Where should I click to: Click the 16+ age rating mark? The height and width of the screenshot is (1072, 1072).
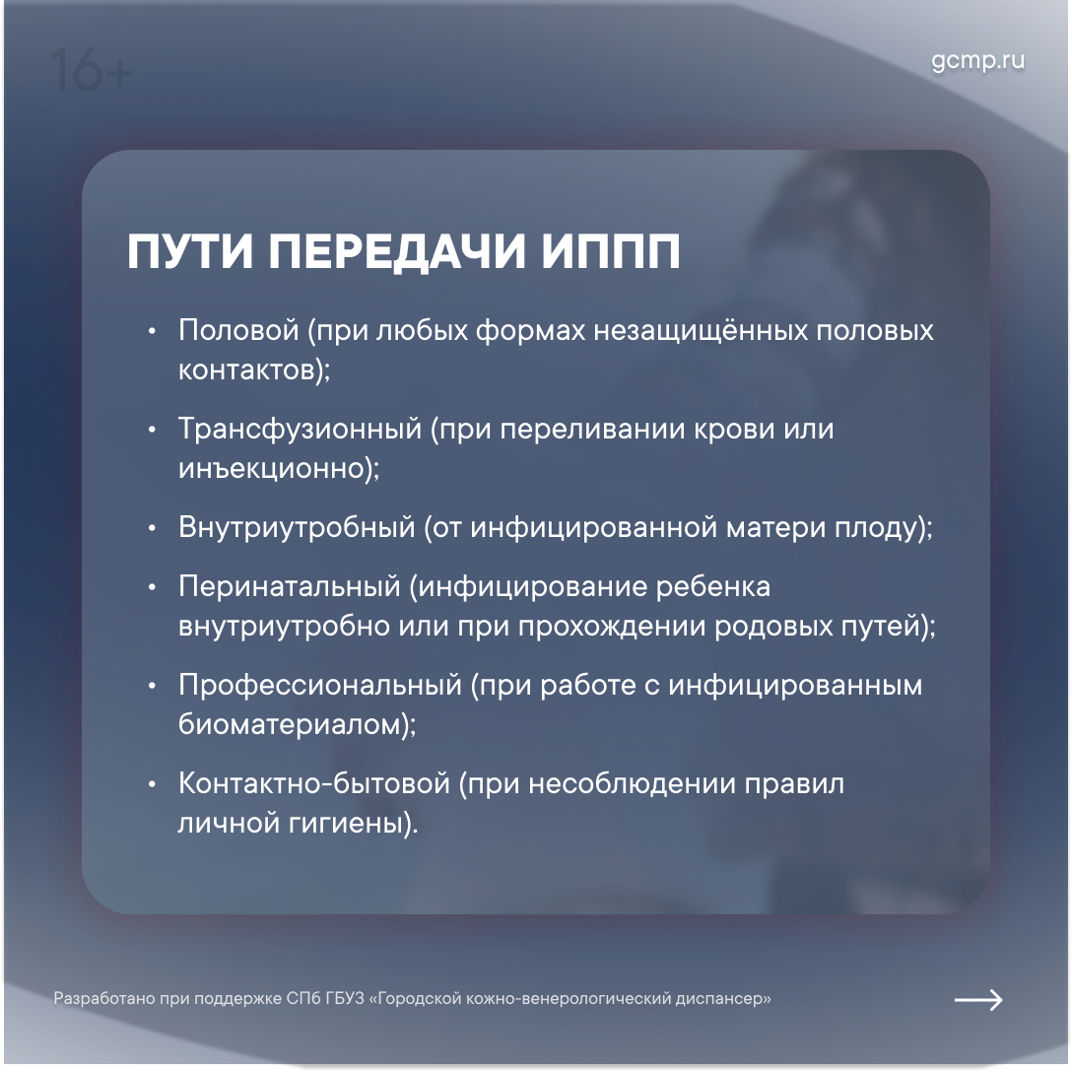pos(92,70)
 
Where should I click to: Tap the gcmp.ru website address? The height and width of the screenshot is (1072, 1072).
pos(977,60)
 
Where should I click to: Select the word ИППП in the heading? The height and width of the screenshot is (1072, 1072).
pos(611,251)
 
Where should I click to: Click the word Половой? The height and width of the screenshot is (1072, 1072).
pos(238,330)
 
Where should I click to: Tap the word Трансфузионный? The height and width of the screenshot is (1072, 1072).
pos(301,430)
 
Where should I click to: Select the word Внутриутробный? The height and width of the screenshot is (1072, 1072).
pos(297,528)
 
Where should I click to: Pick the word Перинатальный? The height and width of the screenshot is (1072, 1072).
pos(290,587)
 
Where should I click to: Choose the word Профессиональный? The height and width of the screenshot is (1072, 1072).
pos(320,686)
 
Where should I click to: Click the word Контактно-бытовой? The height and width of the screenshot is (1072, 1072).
pos(313,783)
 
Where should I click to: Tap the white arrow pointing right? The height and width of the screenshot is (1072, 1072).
pos(978,999)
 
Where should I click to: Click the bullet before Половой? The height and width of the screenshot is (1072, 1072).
pos(152,332)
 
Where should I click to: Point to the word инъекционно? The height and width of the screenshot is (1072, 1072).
pos(271,469)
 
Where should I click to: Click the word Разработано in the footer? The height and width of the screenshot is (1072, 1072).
pos(104,999)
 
